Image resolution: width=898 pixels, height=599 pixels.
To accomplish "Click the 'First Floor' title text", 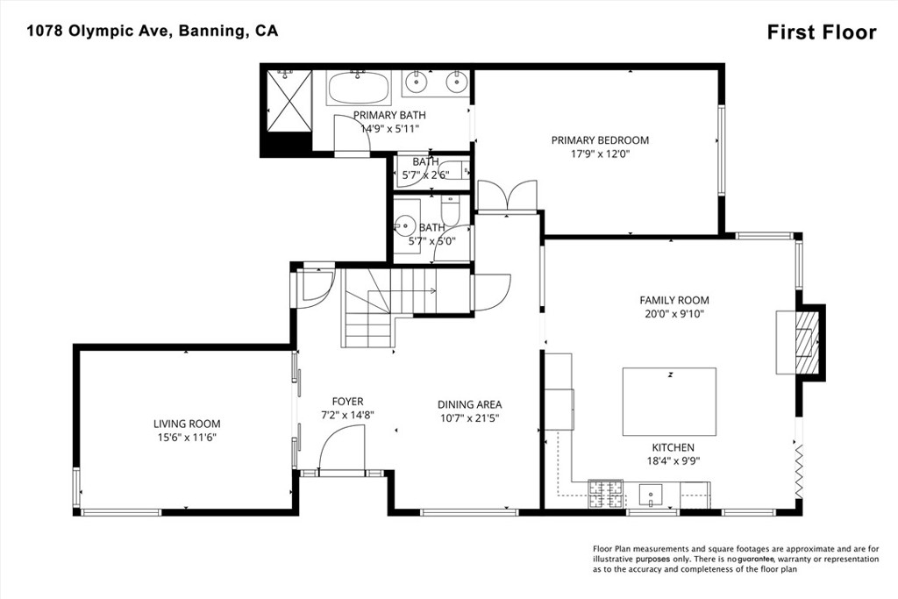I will [821, 32].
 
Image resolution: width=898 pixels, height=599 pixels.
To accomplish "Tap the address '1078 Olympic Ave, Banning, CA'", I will [152, 31].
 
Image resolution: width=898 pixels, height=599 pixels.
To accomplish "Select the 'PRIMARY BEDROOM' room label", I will [600, 140].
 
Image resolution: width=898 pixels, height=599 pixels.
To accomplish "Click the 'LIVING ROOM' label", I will [187, 424].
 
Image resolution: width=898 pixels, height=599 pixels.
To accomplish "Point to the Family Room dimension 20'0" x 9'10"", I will [673, 313].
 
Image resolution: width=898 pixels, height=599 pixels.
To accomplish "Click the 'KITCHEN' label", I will [673, 447].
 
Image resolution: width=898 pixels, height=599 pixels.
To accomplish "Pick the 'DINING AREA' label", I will [470, 404].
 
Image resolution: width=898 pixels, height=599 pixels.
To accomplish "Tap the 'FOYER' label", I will [347, 402].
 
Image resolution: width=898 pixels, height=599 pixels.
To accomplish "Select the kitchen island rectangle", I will [669, 402].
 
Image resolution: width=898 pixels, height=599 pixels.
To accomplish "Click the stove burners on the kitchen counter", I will [604, 494].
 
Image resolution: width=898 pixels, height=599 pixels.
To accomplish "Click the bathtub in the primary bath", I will [360, 89].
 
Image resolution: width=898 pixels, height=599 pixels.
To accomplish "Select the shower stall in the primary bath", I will [289, 100].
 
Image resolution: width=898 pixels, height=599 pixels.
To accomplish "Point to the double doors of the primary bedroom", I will [506, 196].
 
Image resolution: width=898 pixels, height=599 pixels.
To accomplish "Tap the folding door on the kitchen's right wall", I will [798, 471].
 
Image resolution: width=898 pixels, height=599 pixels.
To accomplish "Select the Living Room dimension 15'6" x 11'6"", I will [187, 437].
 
